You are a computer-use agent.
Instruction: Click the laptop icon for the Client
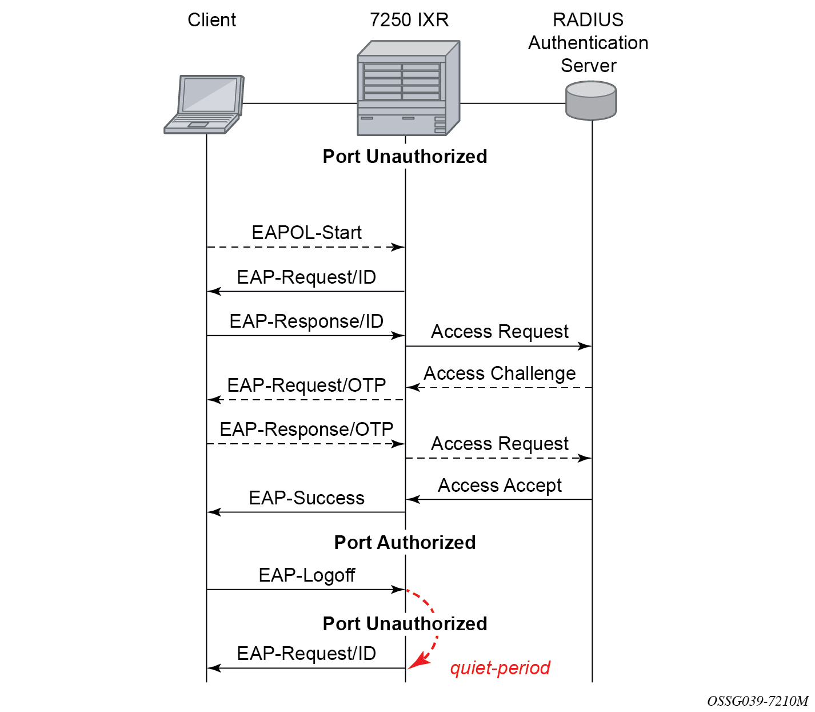point(204,104)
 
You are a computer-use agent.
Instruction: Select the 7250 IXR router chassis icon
point(408,88)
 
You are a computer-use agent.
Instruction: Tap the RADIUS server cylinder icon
point(590,101)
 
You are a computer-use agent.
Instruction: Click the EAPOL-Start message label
point(306,233)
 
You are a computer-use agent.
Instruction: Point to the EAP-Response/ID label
point(306,321)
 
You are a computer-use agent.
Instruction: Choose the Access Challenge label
point(500,373)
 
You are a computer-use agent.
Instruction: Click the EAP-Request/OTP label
point(306,385)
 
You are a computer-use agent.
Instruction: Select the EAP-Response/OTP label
point(306,429)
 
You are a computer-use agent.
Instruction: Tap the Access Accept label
point(500,486)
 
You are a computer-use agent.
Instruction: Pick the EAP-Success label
point(306,498)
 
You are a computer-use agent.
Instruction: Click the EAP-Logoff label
point(306,575)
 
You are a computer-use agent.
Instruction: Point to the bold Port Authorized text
point(405,542)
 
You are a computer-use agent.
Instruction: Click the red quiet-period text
point(500,668)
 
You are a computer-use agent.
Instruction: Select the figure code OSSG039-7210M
point(757,701)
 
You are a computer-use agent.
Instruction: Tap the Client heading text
point(211,20)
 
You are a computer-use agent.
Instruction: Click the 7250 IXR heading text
point(409,20)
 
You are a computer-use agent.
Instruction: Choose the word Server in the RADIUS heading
point(588,66)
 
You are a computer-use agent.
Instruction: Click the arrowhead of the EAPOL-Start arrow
point(398,247)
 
